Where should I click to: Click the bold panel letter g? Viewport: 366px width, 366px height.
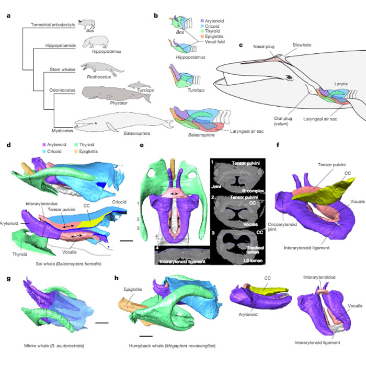pyautogui.click(x=8, y=278)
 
